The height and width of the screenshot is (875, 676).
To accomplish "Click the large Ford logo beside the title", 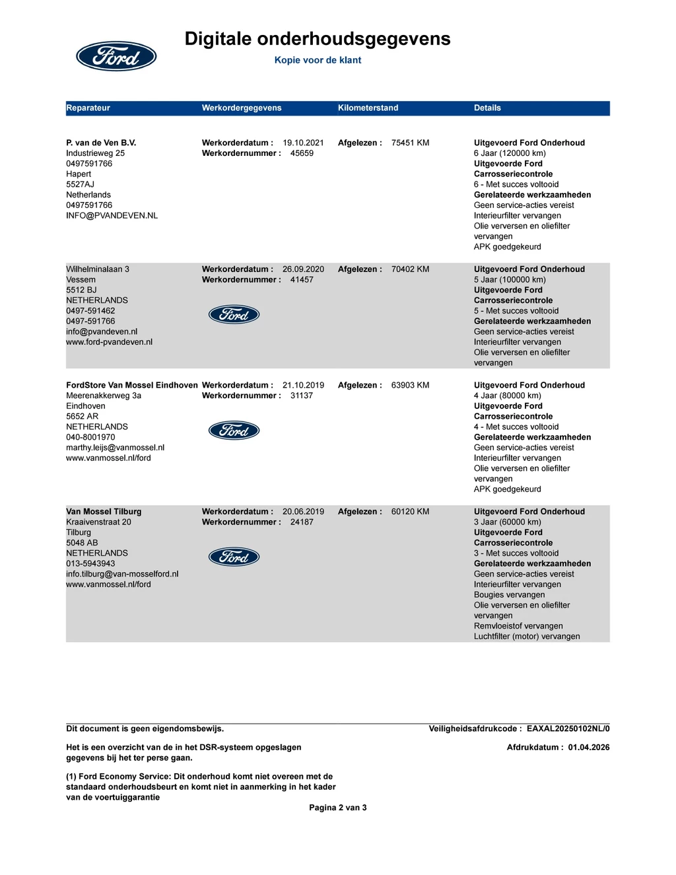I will click(x=116, y=56).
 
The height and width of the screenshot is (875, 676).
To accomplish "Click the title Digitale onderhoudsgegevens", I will click(x=318, y=39).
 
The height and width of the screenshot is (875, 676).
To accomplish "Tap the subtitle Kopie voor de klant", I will click(x=318, y=60).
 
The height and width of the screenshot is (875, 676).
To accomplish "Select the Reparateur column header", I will click(x=88, y=108).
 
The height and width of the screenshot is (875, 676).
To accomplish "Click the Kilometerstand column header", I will click(x=368, y=108).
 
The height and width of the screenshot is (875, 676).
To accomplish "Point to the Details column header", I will click(x=487, y=108).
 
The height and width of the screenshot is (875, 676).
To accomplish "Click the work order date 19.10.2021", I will click(x=303, y=143).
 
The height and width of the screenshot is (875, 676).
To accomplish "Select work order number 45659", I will click(x=302, y=153).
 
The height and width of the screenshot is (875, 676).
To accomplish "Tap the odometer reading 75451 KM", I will click(x=410, y=143).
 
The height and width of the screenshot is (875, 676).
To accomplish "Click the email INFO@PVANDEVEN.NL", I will click(x=112, y=215).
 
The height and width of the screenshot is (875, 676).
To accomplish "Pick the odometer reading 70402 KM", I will click(x=410, y=269).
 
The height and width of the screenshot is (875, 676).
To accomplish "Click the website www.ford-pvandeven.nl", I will click(x=109, y=342).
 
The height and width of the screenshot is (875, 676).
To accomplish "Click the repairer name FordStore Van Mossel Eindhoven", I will click(x=132, y=385).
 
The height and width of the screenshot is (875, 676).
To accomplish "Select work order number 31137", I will click(x=302, y=396).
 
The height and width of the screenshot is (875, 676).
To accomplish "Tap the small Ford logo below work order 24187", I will click(x=234, y=557).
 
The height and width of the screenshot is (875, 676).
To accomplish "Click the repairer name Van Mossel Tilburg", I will click(x=104, y=512).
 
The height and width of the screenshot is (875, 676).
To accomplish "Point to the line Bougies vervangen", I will click(x=509, y=595).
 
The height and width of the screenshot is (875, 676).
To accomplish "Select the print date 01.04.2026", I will click(x=589, y=748).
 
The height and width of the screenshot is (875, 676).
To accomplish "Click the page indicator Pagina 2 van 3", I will click(x=338, y=808).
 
